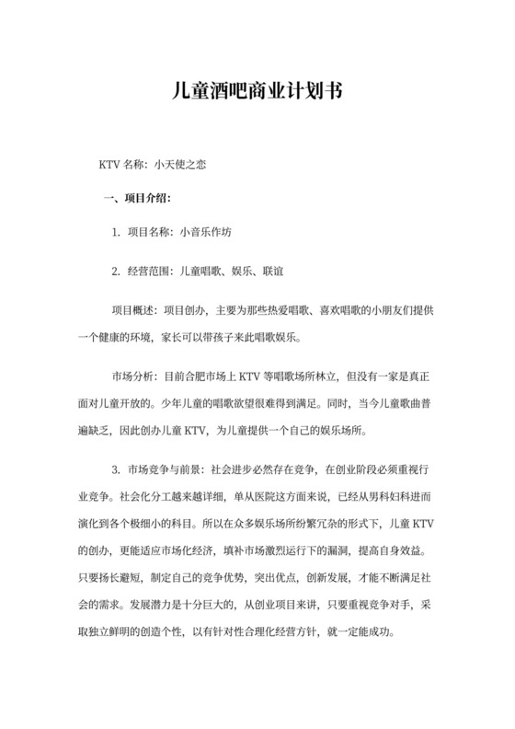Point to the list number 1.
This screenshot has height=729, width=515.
click(116, 233)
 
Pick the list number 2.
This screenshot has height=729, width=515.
click(116, 272)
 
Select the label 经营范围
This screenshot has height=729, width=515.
click(146, 272)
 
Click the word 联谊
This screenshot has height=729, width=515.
click(271, 272)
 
